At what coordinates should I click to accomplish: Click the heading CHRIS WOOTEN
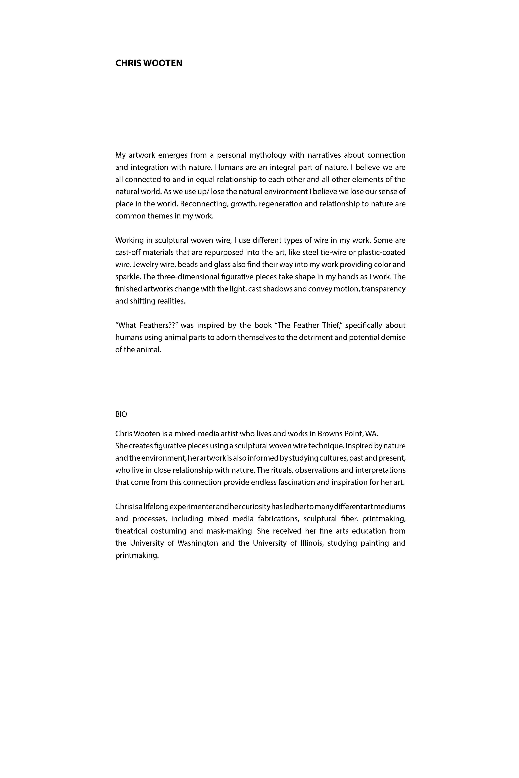(149, 63)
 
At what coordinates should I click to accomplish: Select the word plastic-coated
(382, 252)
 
